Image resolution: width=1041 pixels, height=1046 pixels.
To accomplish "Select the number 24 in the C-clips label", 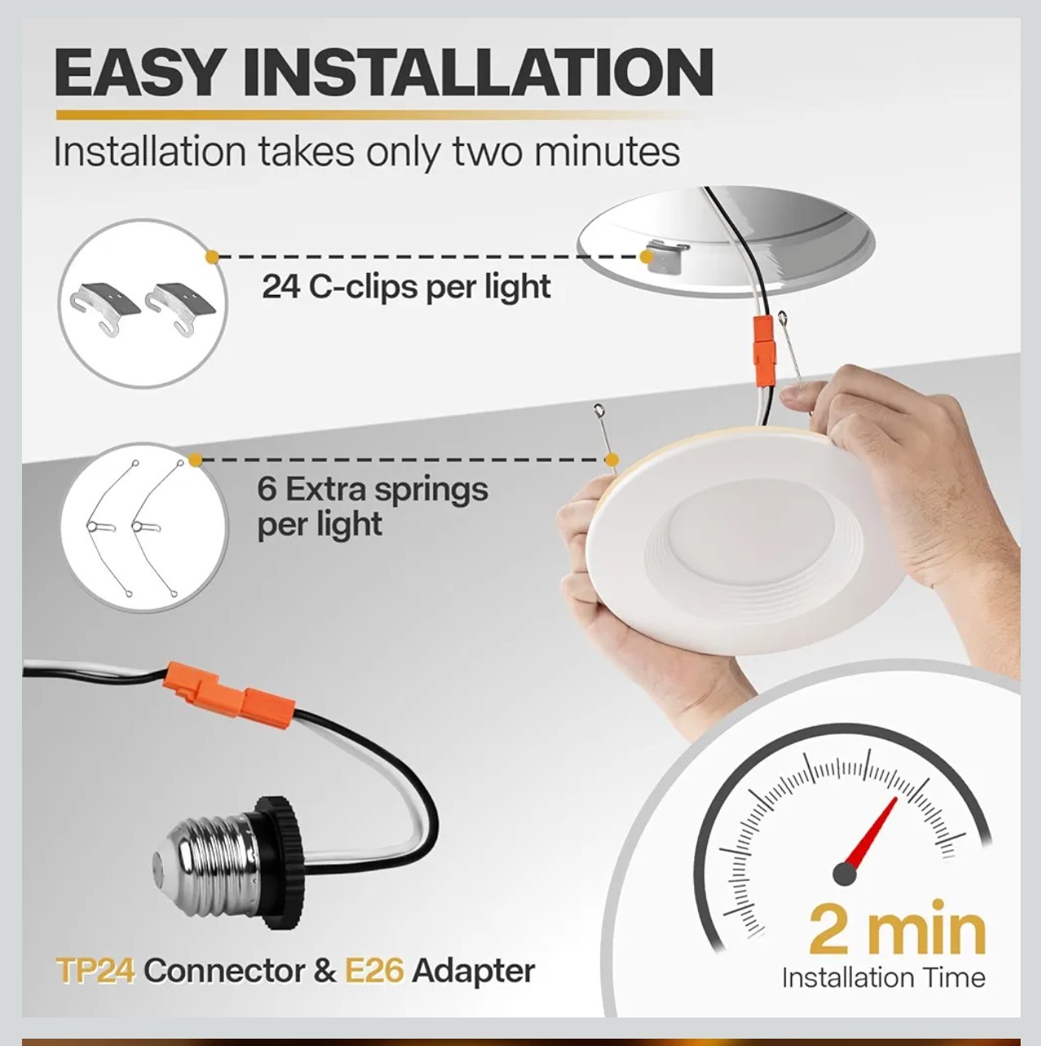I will tap(281, 287).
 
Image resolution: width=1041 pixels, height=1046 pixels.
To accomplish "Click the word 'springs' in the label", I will tap(431, 490).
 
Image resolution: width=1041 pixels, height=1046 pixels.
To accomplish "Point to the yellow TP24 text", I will tap(95, 970).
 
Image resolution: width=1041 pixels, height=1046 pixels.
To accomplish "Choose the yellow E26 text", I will tap(374, 970).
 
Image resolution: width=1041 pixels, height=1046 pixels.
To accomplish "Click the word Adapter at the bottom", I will tap(473, 970).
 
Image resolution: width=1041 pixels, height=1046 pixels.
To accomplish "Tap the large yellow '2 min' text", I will tap(897, 930).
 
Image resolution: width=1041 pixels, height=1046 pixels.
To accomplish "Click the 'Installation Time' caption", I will tap(883, 978).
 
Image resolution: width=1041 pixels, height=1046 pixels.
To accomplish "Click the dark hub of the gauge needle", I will tap(845, 874).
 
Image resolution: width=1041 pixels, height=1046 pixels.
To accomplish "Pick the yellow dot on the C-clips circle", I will tap(212, 257).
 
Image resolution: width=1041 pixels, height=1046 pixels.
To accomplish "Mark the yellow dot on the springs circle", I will tap(195, 460).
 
